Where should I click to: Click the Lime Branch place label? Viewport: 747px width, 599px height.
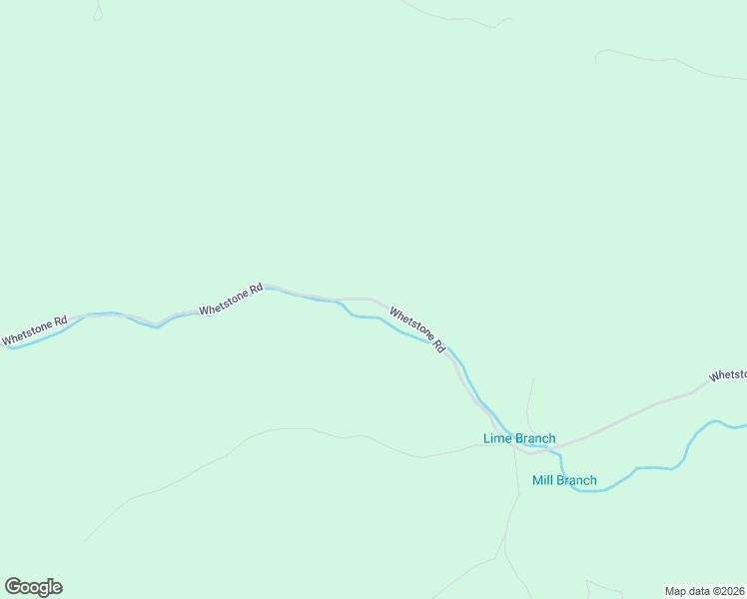coord(519,438)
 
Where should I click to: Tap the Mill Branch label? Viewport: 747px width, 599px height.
coord(564,480)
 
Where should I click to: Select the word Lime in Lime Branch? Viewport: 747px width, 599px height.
coord(496,438)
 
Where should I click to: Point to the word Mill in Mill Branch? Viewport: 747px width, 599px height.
coord(543,480)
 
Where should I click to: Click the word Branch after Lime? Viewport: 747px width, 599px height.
coord(534,438)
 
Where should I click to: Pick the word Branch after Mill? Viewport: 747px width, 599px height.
coord(577,480)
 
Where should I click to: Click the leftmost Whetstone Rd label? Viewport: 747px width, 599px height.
coord(34,331)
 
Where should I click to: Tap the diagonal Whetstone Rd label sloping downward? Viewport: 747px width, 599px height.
coord(416,328)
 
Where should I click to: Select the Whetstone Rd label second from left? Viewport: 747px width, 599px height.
coord(231,299)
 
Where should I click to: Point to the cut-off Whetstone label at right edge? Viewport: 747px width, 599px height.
coord(727,375)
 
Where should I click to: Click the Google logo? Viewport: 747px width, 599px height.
coord(33,587)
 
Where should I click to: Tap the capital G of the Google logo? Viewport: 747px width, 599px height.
coord(13,586)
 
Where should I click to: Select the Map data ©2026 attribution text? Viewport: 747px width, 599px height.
coord(703,591)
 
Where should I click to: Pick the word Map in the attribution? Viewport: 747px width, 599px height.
coord(676,591)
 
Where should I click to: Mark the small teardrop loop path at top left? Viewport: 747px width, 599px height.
coord(97,12)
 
